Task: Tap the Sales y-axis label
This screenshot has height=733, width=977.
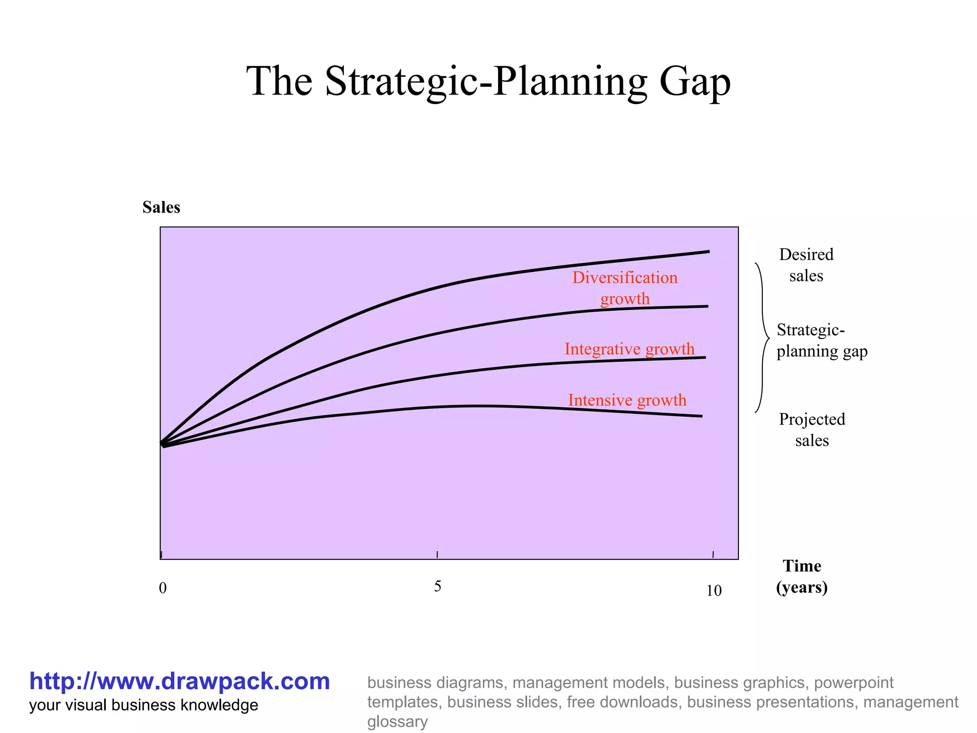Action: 161,208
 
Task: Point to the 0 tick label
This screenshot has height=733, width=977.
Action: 163,588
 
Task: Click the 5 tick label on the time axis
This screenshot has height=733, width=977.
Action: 437,586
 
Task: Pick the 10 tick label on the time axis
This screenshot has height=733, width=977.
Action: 714,591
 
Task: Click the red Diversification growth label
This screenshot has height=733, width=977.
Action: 624,288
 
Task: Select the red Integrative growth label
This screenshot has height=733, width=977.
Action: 629,349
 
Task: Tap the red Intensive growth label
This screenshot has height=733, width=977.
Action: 627,400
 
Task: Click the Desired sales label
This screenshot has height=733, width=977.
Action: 806,265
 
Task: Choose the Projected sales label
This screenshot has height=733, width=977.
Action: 812,429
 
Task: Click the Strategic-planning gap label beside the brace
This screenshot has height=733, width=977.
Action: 821,341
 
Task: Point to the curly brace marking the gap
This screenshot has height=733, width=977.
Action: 762,338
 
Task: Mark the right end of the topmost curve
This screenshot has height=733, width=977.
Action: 708,251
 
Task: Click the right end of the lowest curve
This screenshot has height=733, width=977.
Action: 701,416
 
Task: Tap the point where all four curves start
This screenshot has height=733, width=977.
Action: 163,444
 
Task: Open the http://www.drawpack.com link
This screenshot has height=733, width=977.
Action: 179,681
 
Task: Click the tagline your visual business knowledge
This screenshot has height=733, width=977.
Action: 144,705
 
